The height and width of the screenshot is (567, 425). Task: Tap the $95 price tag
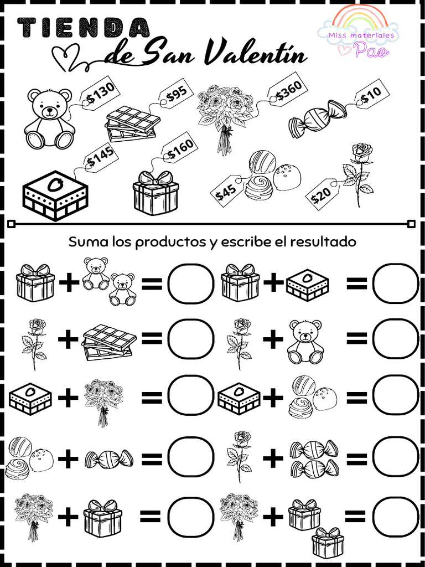[177, 95]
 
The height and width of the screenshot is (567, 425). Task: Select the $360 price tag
[289, 90]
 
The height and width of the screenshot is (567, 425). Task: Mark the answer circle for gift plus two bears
[190, 283]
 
